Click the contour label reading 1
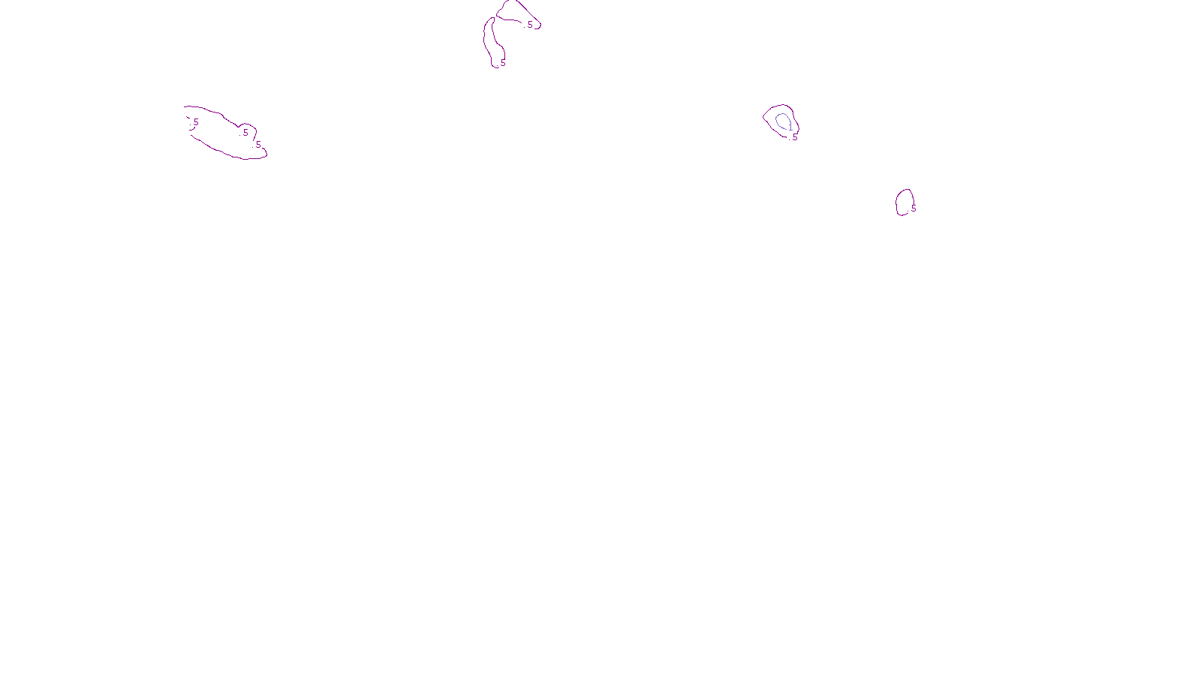pos(790,127)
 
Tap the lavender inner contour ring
pos(777,120)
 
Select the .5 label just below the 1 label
pos(794,137)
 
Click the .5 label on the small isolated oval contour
pos(913,208)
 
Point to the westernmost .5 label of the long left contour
pos(195,122)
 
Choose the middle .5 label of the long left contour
pos(245,133)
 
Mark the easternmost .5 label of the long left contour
pos(257,145)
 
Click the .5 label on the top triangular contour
pos(529,25)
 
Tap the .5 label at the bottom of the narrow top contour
pos(502,63)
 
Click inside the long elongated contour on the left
pos(221,135)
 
